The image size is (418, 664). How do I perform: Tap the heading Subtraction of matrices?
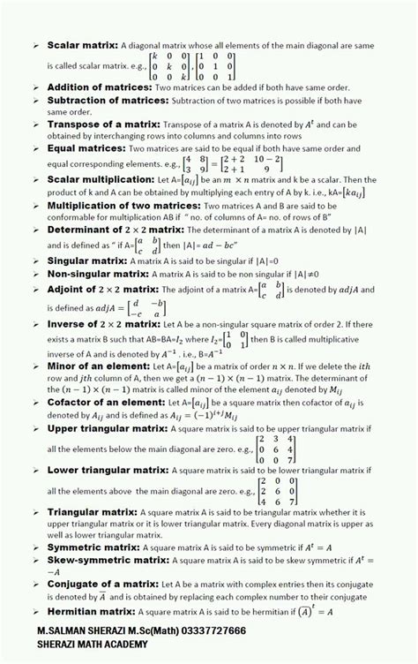coord(107,101)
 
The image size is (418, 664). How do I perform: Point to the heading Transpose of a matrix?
coord(102,124)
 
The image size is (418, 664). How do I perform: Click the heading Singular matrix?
coord(86,261)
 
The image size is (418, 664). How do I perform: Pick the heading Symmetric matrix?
coord(93,547)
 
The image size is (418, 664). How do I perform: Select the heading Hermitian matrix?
coord(92,611)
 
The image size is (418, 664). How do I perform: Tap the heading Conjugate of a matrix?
coord(101,585)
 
